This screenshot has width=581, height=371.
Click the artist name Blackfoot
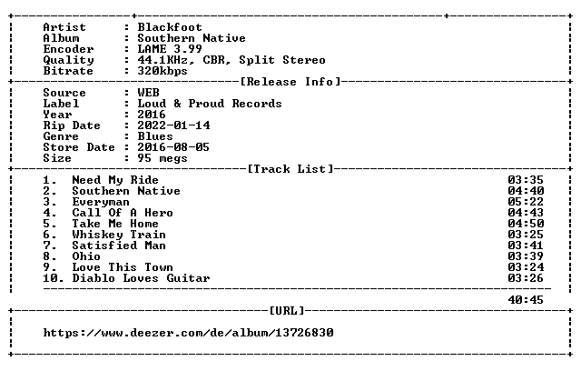click(170, 27)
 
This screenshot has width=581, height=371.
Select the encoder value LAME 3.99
click(170, 49)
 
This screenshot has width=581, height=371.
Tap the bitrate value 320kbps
click(162, 71)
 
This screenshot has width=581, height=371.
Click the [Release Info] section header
click(290, 82)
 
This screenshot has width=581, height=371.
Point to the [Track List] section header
click(290, 169)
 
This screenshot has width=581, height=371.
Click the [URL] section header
click(287, 310)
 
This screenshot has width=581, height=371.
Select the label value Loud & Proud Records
click(210, 104)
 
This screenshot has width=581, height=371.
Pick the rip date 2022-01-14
click(173, 125)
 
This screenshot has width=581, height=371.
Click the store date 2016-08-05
click(173, 147)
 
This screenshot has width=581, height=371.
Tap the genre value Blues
click(155, 136)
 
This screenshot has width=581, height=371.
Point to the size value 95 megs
click(162, 158)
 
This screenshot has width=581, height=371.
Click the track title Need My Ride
click(115, 180)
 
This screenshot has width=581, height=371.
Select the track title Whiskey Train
click(119, 235)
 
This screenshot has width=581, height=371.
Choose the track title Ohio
click(86, 256)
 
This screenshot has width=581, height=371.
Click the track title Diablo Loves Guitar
click(141, 278)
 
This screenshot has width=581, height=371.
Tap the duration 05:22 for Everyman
click(526, 202)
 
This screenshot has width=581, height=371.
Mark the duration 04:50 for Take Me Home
click(526, 224)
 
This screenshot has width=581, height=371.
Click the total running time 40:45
click(526, 300)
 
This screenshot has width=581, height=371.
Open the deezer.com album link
click(188, 333)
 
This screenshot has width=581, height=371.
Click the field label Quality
click(69, 60)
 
